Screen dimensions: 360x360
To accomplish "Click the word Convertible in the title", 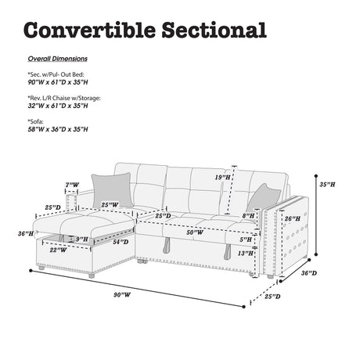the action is click(x=89, y=30).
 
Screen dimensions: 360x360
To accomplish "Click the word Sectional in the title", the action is click(x=214, y=30).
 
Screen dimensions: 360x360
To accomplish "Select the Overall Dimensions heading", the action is click(x=58, y=59).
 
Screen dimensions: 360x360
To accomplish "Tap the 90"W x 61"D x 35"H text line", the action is click(x=58, y=82).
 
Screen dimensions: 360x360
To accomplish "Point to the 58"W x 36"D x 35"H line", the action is click(x=58, y=129).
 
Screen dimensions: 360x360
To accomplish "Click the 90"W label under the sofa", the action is click(x=122, y=295).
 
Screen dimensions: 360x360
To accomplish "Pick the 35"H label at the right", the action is click(x=327, y=185).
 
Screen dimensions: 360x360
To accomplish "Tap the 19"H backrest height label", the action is click(x=222, y=178).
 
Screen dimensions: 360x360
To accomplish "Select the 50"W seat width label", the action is click(x=195, y=232).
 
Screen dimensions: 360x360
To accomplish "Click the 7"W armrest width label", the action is click(x=72, y=185).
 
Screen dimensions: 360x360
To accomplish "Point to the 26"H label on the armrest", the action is click(x=292, y=218).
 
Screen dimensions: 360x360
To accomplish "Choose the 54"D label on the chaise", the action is click(x=121, y=242).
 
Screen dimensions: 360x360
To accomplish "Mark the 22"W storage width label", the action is click(x=58, y=250).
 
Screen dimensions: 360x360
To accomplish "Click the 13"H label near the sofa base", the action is click(x=246, y=253).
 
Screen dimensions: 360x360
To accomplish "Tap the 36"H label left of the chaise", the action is click(x=26, y=233).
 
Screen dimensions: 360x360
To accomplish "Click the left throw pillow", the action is click(x=112, y=190).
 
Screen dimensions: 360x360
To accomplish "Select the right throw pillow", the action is click(x=263, y=198).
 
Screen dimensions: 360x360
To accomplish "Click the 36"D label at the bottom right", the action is click(x=309, y=273).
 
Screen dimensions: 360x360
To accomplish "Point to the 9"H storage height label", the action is click(x=82, y=239).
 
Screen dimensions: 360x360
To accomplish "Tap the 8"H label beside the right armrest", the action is click(x=248, y=216).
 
